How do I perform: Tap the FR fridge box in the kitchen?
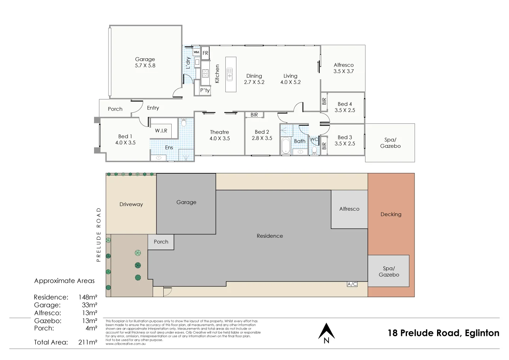click(x=205, y=53)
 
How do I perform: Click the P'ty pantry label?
click(x=205, y=90)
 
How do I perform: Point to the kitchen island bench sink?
click(x=230, y=75)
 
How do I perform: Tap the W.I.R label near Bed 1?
click(x=161, y=131)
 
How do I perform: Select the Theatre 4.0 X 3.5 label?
click(x=220, y=135)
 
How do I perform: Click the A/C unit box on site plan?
click(x=352, y=284)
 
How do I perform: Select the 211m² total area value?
click(x=88, y=342)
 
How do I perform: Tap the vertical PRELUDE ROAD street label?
click(x=99, y=235)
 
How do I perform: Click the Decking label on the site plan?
click(x=391, y=214)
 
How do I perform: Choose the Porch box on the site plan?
click(x=161, y=242)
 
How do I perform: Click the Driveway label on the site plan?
click(x=131, y=205)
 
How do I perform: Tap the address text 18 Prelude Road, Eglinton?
click(x=444, y=333)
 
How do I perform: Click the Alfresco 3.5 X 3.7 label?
click(x=343, y=68)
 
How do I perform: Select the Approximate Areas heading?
click(x=64, y=281)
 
